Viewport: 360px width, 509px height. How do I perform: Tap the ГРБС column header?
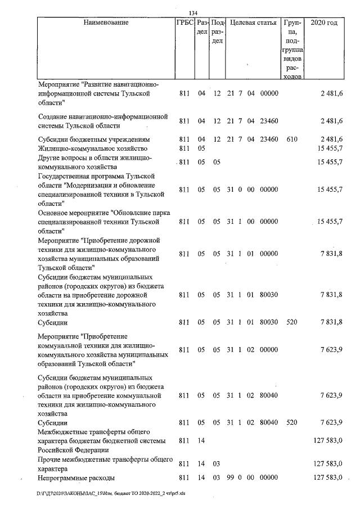pos(184,23)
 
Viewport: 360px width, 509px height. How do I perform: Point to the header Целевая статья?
pos(253,23)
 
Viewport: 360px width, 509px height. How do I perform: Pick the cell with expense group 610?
pos(291,139)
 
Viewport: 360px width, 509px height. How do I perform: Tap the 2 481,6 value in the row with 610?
pos(332,139)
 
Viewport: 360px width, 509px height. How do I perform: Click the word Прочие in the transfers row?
pos(50,460)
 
